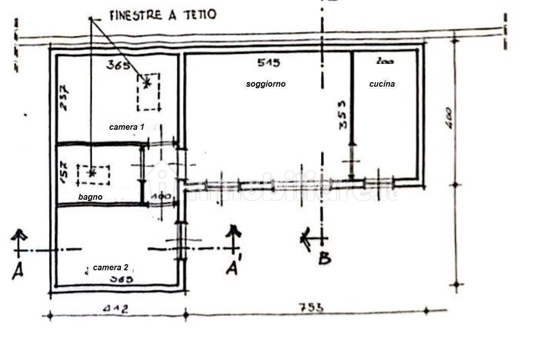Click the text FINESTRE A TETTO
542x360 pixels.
click(x=163, y=15)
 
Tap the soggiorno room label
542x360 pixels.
click(x=266, y=84)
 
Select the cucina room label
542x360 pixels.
click(x=382, y=84)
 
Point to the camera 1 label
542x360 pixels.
click(x=126, y=127)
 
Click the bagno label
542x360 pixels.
click(x=90, y=197)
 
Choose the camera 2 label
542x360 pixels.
click(x=111, y=267)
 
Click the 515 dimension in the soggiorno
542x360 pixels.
click(x=268, y=63)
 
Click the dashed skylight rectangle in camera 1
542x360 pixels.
click(x=148, y=92)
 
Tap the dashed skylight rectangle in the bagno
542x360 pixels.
click(x=93, y=175)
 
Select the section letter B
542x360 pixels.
click(x=324, y=259)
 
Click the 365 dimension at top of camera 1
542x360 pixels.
click(x=118, y=64)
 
